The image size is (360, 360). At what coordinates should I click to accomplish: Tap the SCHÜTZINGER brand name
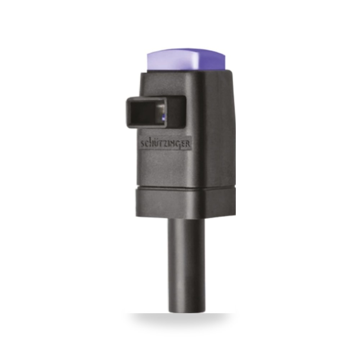click(x=165, y=144)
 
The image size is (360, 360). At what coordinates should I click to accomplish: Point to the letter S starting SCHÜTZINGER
click(x=142, y=144)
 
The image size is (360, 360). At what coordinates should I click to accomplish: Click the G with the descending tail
click(x=180, y=145)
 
